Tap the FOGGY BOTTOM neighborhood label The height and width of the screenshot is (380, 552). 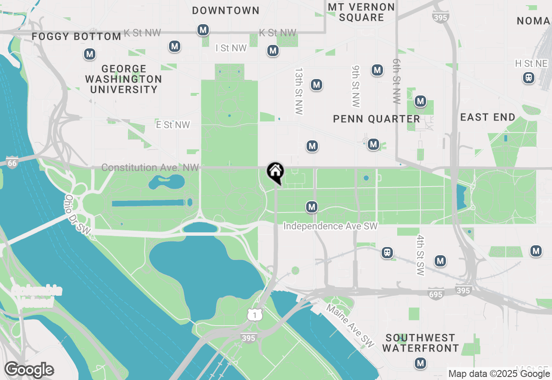pos(76,37)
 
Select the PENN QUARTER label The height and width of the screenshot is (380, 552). pos(376,119)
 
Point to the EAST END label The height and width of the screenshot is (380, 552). pos(488,117)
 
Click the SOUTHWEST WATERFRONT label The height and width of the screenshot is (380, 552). pos(420,343)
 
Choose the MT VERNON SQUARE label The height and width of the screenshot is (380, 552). pos(361,13)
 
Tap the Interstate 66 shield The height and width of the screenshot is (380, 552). pos(12,163)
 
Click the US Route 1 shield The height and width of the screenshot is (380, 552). pos(255,315)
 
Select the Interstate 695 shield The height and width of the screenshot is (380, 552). pos(436,294)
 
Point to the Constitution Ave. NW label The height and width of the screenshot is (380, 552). pos(150,168)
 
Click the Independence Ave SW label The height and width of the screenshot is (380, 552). pos(330,226)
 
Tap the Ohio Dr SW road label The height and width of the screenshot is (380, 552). pos(78,215)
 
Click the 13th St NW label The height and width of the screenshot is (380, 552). pos(298,91)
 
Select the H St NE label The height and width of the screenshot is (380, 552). pos(531,64)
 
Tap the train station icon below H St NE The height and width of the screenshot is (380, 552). pos(528,78)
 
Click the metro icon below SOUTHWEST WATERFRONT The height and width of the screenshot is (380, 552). pos(420,363)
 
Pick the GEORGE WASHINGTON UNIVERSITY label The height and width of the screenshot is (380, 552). pos(123,79)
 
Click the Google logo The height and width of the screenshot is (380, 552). pos(29,370)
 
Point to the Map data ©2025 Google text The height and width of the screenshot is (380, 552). pos(499,374)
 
